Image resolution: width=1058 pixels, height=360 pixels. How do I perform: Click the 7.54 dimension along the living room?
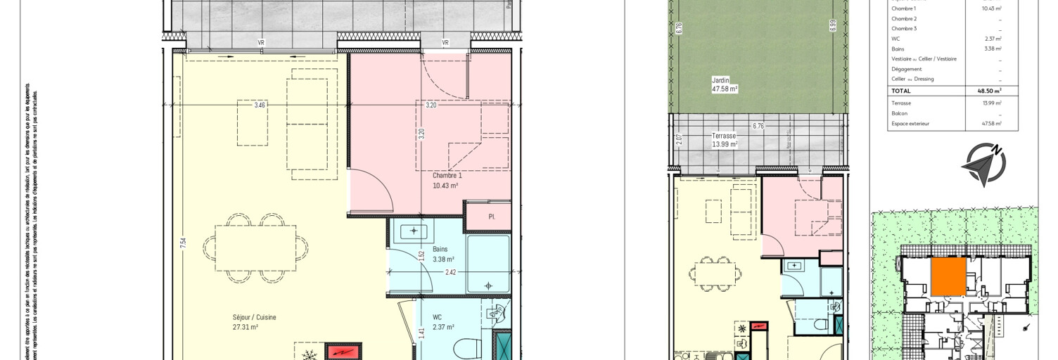coord(184,243)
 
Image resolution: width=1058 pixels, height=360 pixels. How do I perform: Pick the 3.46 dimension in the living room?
coord(260,105)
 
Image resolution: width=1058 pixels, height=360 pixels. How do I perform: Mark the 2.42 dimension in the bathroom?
coord(451,271)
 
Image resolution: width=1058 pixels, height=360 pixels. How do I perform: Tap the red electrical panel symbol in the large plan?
coord(343,351)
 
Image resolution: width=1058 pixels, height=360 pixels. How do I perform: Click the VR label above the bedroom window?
coord(445,43)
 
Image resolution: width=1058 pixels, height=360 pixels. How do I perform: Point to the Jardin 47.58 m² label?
coord(724,85)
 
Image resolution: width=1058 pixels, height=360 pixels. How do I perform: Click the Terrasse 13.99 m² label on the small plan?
coord(724,140)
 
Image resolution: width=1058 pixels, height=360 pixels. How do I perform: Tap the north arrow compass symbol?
coord(985,163)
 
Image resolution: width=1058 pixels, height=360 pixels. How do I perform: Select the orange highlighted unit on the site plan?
coord(948,276)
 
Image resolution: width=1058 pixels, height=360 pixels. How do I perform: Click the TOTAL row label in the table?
coord(901,91)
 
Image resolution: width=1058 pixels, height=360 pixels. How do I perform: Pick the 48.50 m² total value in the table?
coord(989,91)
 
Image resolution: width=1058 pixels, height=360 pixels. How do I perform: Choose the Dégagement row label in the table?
coord(906,69)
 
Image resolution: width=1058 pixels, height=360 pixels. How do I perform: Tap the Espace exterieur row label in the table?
coord(910,124)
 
